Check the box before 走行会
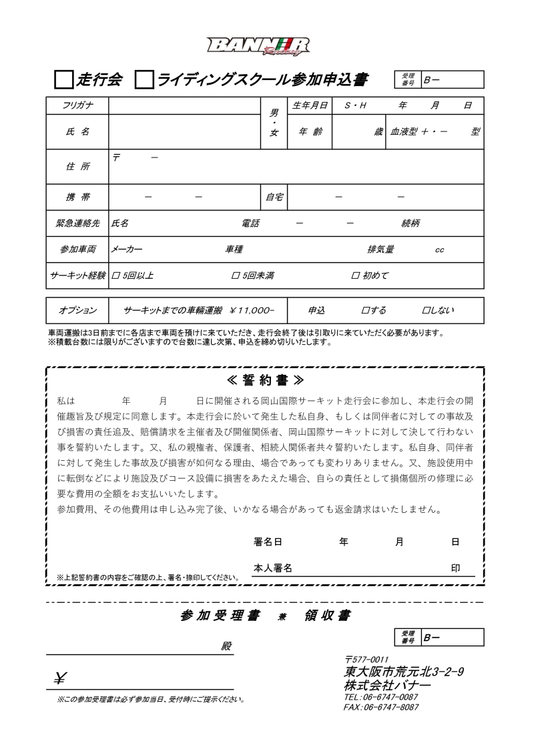point(63,81)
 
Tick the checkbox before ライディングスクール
point(144,81)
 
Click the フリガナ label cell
point(77,105)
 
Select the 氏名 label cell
point(77,132)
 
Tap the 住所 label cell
point(77,167)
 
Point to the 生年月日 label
point(310,105)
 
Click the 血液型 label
point(405,132)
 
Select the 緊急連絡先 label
point(77,223)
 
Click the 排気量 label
point(380,249)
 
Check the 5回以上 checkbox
point(116,275)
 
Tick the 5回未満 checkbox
point(235,275)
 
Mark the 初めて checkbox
point(355,275)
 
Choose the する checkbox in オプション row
point(364,311)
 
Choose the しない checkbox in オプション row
point(425,311)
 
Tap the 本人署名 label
point(273,568)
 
